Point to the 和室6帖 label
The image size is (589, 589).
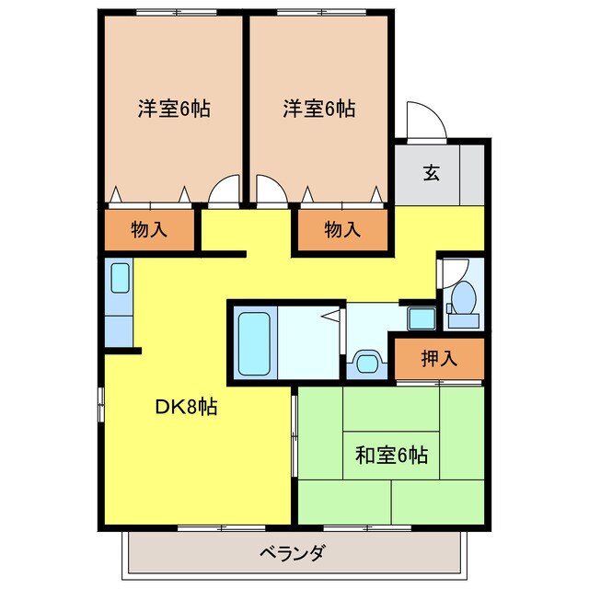(391, 455)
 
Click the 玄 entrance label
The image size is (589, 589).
(430, 172)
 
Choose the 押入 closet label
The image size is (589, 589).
(439, 358)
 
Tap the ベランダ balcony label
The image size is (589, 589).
(292, 554)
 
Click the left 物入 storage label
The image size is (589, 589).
(149, 230)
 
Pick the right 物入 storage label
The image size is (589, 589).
(342, 230)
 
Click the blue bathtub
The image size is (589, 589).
(254, 341)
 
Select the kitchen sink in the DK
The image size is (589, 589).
(119, 277)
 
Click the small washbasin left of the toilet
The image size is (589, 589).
(422, 318)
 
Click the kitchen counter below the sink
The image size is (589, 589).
(119, 327)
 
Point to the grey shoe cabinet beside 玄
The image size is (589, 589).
(472, 173)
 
